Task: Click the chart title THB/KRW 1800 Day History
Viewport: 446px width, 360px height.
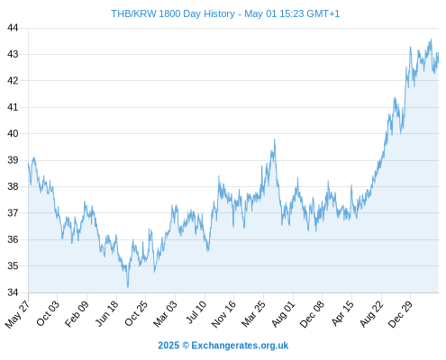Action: coord(173,13)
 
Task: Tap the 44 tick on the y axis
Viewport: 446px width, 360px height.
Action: coord(13,28)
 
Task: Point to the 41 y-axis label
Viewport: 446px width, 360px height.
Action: coord(13,107)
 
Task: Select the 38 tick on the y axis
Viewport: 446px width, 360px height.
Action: coord(13,186)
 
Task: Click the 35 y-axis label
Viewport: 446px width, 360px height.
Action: coord(13,265)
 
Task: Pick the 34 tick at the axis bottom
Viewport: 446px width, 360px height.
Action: coord(13,292)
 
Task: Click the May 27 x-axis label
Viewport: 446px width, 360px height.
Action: coord(18,314)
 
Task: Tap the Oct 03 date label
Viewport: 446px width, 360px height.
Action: coord(48,313)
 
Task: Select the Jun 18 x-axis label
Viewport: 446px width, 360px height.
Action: coord(107,313)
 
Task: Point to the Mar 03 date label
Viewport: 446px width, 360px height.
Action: coord(166,314)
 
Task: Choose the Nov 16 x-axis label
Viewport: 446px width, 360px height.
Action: coord(223,314)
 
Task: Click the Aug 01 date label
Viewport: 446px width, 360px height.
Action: coord(283,314)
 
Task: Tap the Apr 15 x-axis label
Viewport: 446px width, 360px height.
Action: coord(342,313)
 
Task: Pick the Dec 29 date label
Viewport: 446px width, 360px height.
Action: coord(401,314)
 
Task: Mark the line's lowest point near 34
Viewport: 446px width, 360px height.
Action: coord(128,287)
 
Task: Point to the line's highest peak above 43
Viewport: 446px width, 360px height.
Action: coord(432,40)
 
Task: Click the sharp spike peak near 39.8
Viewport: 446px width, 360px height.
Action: coord(274,139)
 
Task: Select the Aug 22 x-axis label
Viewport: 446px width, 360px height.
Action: coord(372,314)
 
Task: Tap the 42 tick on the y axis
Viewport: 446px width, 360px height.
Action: coord(13,81)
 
